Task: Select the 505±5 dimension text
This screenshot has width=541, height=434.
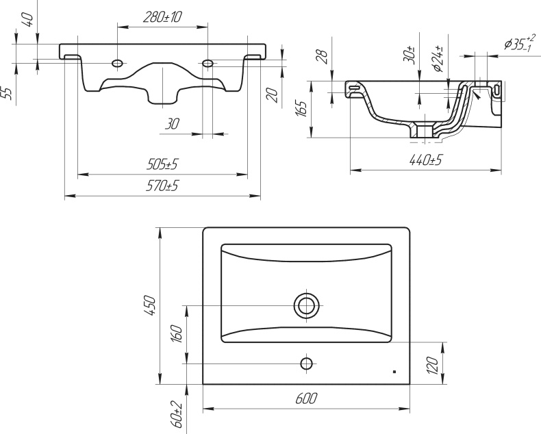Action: tap(162, 165)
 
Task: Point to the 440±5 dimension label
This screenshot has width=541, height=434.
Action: tap(425, 160)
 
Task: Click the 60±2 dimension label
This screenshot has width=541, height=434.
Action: tap(176, 415)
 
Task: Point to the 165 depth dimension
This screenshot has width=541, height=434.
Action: tap(302, 108)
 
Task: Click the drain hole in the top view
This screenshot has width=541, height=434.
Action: tap(306, 305)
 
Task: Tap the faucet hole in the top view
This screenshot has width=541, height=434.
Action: tap(306, 362)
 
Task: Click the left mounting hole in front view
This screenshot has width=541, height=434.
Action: tap(118, 64)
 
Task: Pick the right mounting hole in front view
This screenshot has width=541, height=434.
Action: tap(208, 64)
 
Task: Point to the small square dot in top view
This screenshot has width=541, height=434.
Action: tap(394, 372)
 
